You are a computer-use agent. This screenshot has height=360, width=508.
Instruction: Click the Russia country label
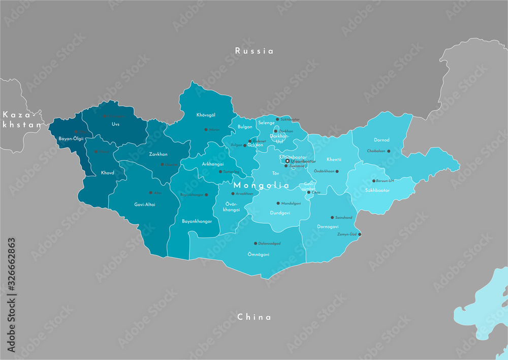point(254,51)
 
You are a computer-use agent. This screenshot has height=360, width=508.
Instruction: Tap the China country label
point(254,317)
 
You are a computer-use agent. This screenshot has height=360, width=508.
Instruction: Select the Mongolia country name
point(261,186)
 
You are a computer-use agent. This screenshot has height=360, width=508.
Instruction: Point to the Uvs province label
point(115,124)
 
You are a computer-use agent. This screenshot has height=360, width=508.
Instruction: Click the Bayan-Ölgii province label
point(71,138)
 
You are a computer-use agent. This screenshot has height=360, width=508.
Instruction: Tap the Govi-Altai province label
point(145,204)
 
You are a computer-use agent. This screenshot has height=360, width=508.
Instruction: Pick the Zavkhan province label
point(158,154)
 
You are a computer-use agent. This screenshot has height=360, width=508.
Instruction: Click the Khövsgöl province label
point(206,115)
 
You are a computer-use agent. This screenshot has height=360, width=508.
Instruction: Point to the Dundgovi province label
point(280,213)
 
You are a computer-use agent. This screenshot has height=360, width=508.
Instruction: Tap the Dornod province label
point(382,139)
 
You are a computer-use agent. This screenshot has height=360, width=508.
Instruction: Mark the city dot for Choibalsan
point(389,151)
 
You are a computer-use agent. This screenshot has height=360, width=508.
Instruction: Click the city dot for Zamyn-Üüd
point(360,234)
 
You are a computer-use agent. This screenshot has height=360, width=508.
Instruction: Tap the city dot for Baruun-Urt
point(374,181)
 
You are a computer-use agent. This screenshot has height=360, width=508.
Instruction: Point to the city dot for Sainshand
point(332,217)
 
